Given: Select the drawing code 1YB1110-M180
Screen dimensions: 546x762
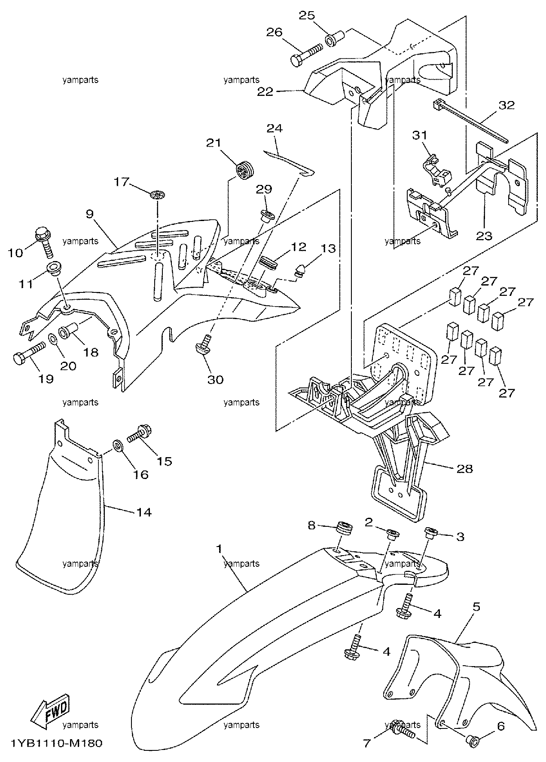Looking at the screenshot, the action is [x=57, y=744].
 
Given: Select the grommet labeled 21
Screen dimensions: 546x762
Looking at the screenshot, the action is [x=245, y=169].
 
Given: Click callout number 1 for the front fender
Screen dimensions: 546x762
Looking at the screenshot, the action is [x=220, y=549].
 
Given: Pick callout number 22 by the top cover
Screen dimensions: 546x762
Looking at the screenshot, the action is [x=265, y=92].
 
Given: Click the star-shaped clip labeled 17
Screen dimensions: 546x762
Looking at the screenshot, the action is [x=158, y=196].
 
